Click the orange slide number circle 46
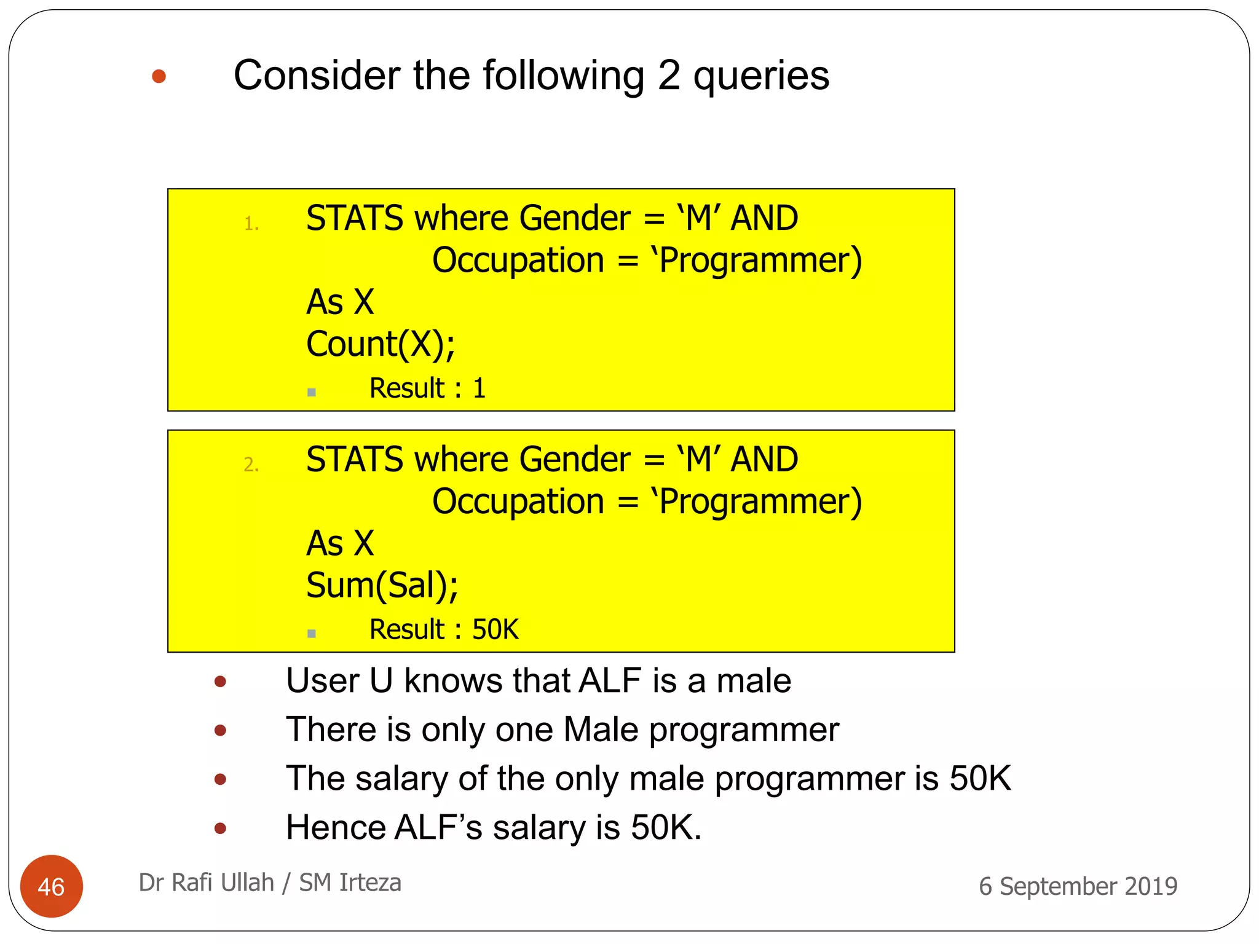(x=51, y=886)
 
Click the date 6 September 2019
(x=1078, y=886)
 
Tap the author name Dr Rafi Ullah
(x=206, y=883)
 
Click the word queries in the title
(x=761, y=76)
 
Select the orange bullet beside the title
(x=159, y=77)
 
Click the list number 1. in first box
(x=251, y=224)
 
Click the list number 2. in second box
(x=251, y=465)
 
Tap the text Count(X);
(x=381, y=344)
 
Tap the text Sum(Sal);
(x=382, y=585)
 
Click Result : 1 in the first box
(x=427, y=388)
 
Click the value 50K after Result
(x=495, y=629)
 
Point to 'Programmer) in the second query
(x=757, y=502)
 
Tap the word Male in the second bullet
(x=601, y=730)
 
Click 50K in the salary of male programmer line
(x=979, y=779)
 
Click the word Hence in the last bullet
(x=334, y=827)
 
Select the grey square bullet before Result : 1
(x=312, y=393)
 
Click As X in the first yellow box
(x=340, y=302)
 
